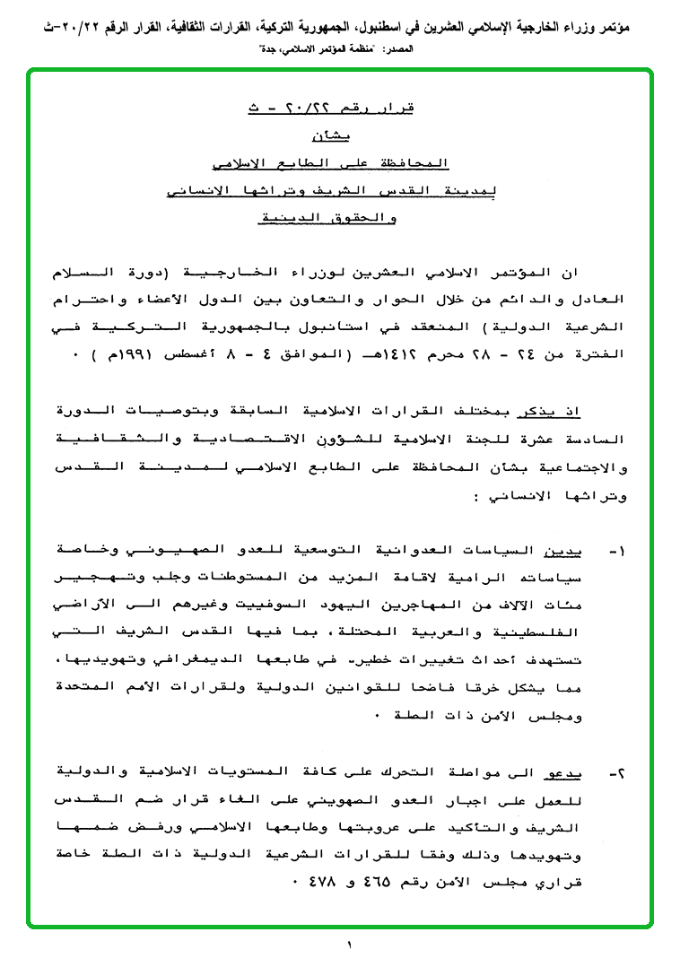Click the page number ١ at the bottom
[350, 945]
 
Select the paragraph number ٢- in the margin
[618, 771]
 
